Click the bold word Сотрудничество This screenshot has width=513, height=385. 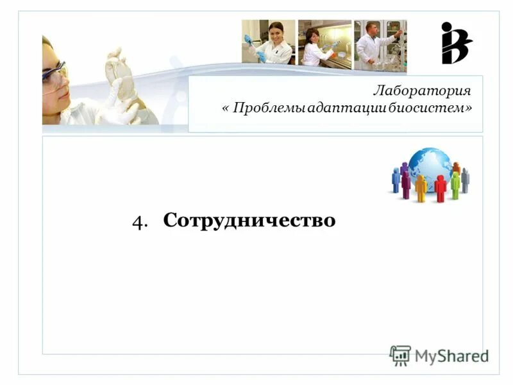click(x=249, y=220)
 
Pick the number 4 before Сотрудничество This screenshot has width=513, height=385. click(x=139, y=221)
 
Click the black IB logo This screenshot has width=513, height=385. click(x=455, y=43)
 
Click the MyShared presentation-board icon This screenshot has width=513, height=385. click(x=400, y=355)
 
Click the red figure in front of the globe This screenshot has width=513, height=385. click(x=440, y=188)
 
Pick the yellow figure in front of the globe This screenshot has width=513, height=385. click(x=421, y=188)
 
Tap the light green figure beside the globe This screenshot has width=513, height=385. click(x=455, y=184)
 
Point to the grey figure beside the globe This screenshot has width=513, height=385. click(x=465, y=180)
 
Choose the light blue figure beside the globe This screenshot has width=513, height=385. click(x=396, y=180)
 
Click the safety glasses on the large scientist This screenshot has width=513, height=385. click(x=55, y=75)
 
